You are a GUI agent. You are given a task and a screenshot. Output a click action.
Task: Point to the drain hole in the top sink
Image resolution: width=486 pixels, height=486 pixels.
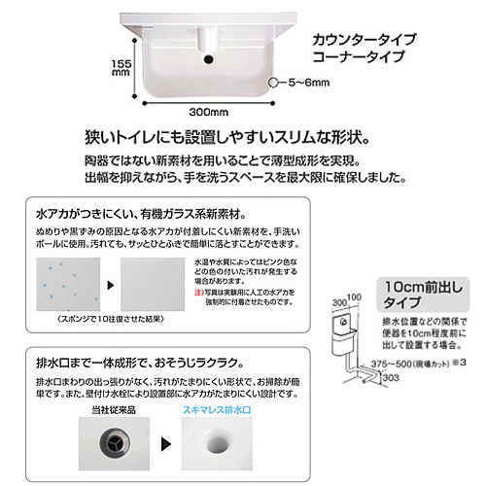(x=207, y=63)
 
